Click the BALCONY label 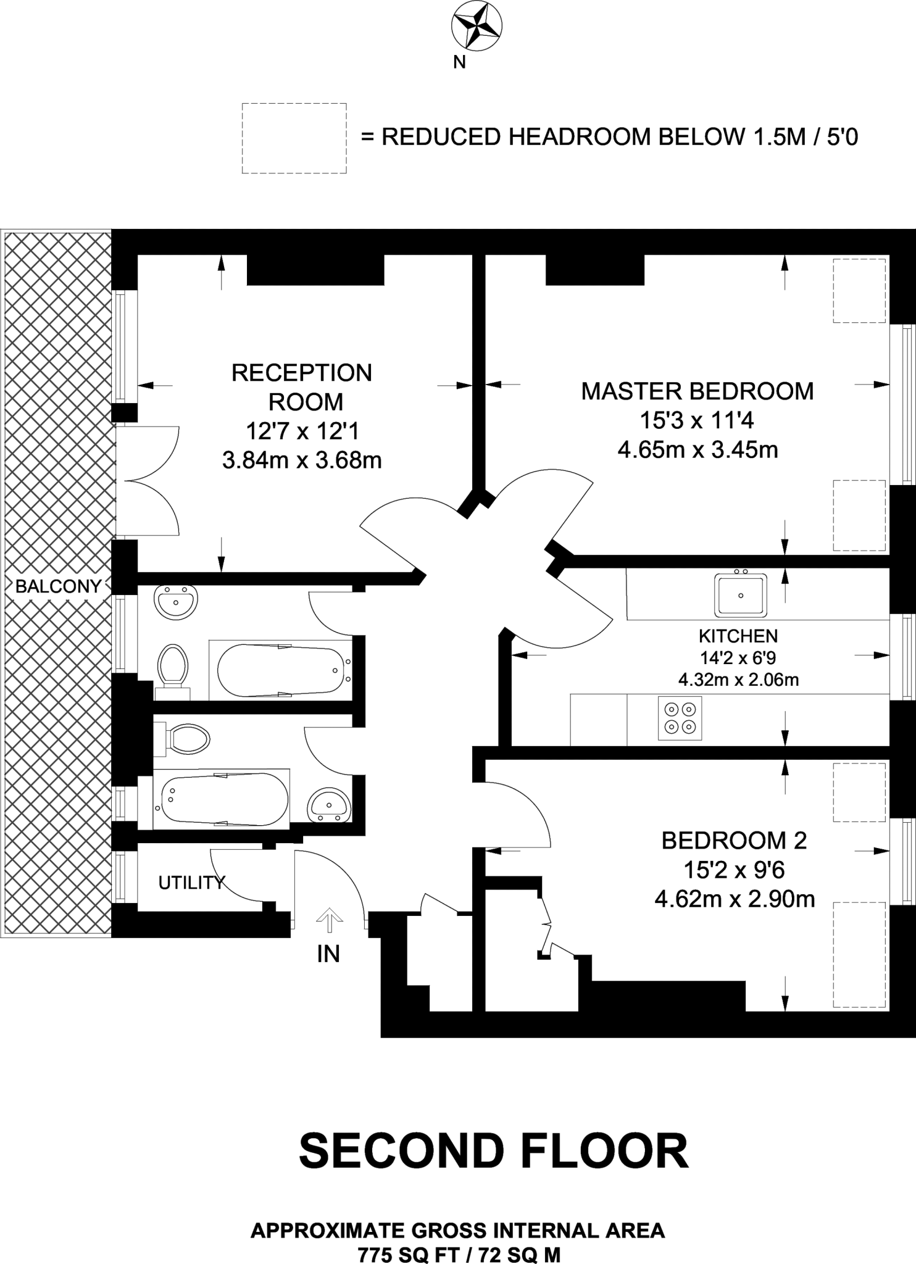coord(58,586)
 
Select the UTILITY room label coord(191,883)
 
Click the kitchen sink coord(741,595)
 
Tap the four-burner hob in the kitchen coord(680,718)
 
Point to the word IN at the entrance coord(328,954)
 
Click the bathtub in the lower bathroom coord(221,798)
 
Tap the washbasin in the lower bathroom coord(330,805)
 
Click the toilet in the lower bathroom coord(183,739)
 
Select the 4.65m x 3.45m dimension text coord(697,450)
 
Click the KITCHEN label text coord(738,636)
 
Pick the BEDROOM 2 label coord(735,841)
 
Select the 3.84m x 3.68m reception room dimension coord(302,460)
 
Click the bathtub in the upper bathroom coord(281,670)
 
